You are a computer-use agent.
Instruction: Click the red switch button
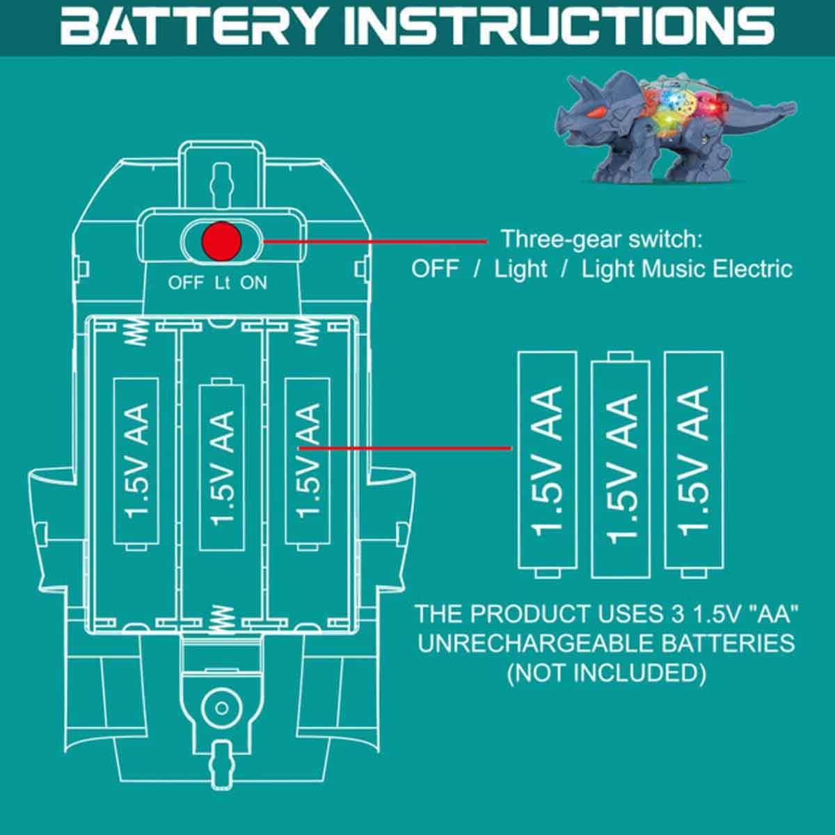pyautogui.click(x=221, y=241)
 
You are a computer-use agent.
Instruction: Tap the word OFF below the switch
pyautogui.click(x=186, y=283)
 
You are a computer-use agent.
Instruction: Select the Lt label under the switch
pyautogui.click(x=222, y=283)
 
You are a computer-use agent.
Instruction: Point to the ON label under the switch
pyautogui.click(x=254, y=283)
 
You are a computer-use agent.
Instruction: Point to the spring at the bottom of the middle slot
pyautogui.click(x=221, y=617)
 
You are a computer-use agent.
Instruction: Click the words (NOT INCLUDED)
pyautogui.click(x=607, y=674)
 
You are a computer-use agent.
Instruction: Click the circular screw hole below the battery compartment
pyautogui.click(x=221, y=709)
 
